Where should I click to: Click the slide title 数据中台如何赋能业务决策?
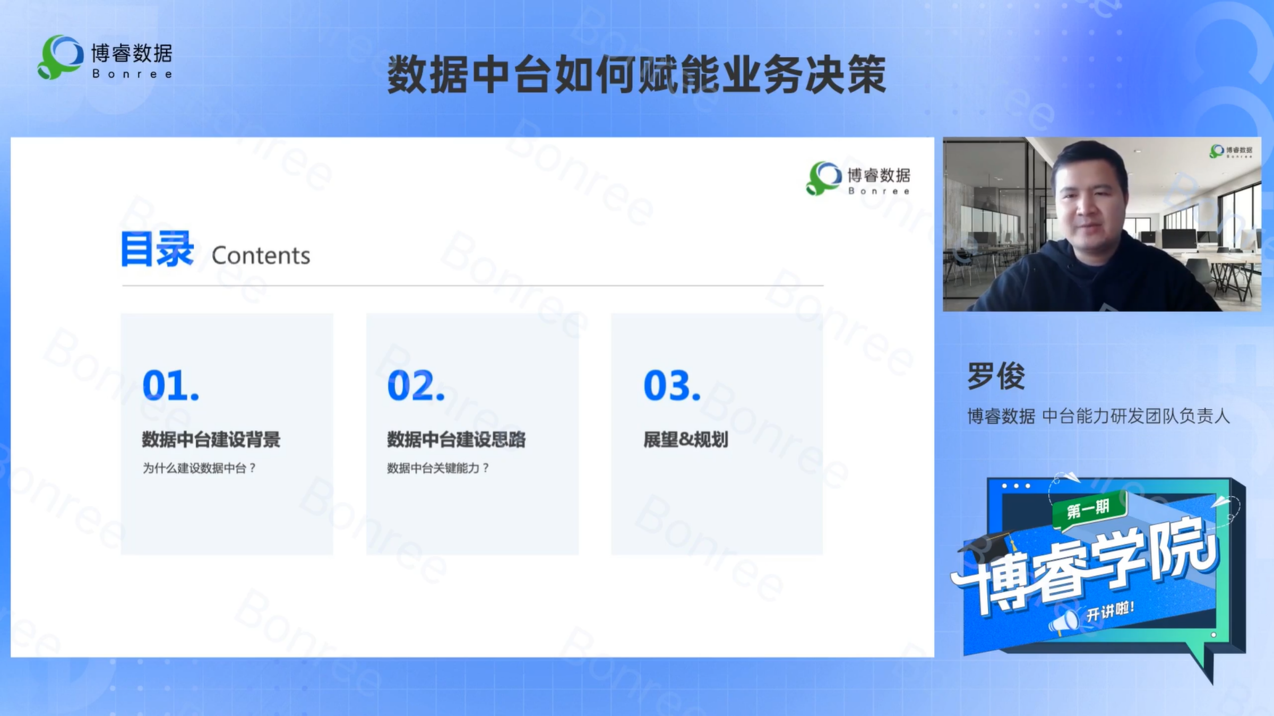pos(636,75)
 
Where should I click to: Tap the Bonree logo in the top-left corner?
pos(105,57)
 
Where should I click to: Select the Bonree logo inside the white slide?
pos(858,178)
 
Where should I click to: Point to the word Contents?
pos(261,256)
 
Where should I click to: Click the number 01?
pos(171,385)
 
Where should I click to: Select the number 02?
pos(416,385)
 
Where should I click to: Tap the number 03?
pos(672,385)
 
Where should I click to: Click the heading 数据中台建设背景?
pos(211,439)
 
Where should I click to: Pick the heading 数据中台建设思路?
pos(457,439)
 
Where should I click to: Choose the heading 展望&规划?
pos(686,439)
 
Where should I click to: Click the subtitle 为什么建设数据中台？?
pos(200,468)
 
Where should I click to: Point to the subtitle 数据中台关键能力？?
pos(438,468)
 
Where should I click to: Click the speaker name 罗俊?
pos(996,376)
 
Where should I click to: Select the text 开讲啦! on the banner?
pos(1110,611)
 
